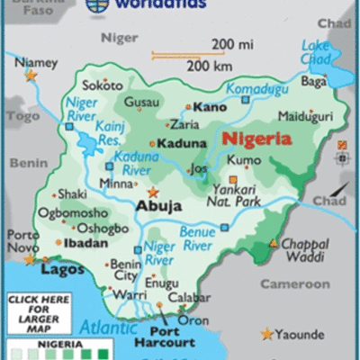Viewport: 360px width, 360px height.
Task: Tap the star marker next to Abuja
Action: (x=153, y=192)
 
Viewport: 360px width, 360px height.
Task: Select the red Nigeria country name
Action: (x=256, y=139)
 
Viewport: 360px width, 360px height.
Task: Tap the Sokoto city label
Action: (x=103, y=85)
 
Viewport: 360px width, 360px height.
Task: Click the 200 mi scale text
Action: (x=233, y=43)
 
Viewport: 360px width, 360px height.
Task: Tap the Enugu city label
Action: (x=163, y=283)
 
